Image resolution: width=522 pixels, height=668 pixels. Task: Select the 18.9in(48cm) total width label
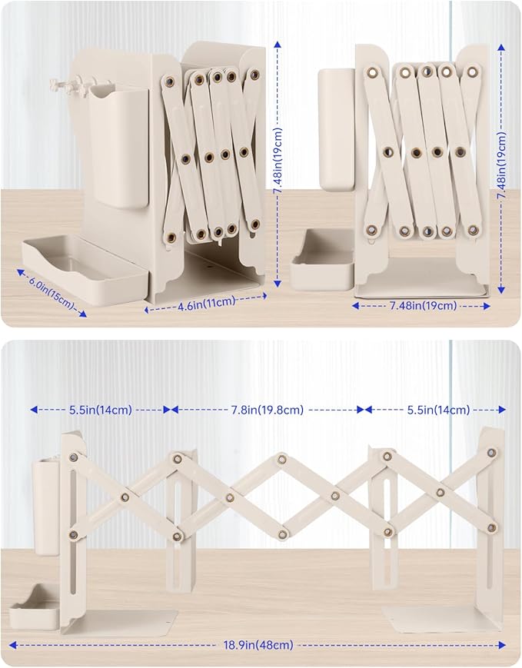tap(258, 645)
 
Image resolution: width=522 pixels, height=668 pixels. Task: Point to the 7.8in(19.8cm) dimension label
tap(268, 410)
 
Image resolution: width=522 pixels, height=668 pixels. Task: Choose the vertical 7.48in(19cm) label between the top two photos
tap(278, 161)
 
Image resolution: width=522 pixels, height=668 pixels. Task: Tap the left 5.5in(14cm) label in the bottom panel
tap(101, 410)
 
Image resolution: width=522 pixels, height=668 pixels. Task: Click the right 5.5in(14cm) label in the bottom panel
tap(438, 410)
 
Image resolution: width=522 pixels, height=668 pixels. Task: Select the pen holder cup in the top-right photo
tap(337, 129)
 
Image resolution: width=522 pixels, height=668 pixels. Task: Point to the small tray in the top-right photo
tap(323, 261)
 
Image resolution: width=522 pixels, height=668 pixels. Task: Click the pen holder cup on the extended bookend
tap(46, 507)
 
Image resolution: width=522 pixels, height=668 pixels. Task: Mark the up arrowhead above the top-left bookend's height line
tap(278, 45)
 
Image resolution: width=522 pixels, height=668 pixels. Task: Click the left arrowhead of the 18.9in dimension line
tap(13, 645)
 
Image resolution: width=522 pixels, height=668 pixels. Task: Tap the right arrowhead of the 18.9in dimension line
tap(501, 645)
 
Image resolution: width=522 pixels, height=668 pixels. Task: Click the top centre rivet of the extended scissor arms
tap(281, 459)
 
